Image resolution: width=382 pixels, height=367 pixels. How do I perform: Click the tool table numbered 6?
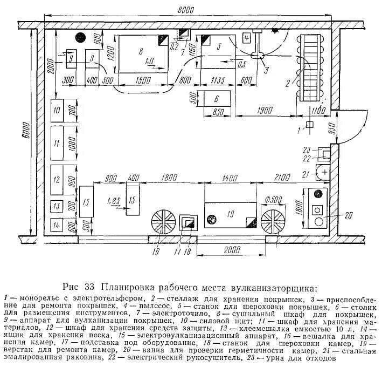pos(216,99)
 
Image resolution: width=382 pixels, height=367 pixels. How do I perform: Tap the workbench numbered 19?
pos(230,214)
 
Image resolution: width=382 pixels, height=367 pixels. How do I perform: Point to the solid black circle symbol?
pos(81,38)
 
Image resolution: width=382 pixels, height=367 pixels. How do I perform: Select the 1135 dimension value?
pos(218,80)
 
